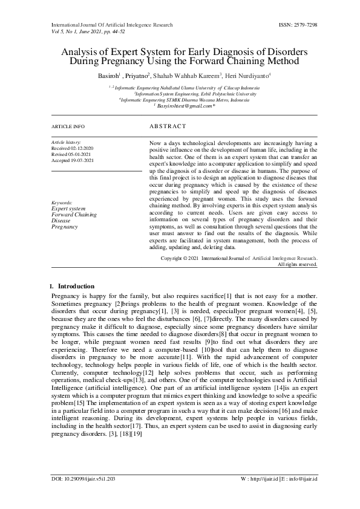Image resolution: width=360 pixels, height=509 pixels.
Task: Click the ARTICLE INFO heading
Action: [68, 127]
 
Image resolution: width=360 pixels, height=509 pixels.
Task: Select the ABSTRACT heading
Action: [168, 127]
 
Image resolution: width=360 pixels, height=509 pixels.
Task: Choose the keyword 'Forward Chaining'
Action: [74, 214]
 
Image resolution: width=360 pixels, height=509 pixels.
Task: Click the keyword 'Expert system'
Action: [68, 208]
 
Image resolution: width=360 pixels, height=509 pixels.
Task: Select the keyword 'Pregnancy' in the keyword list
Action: [64, 226]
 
